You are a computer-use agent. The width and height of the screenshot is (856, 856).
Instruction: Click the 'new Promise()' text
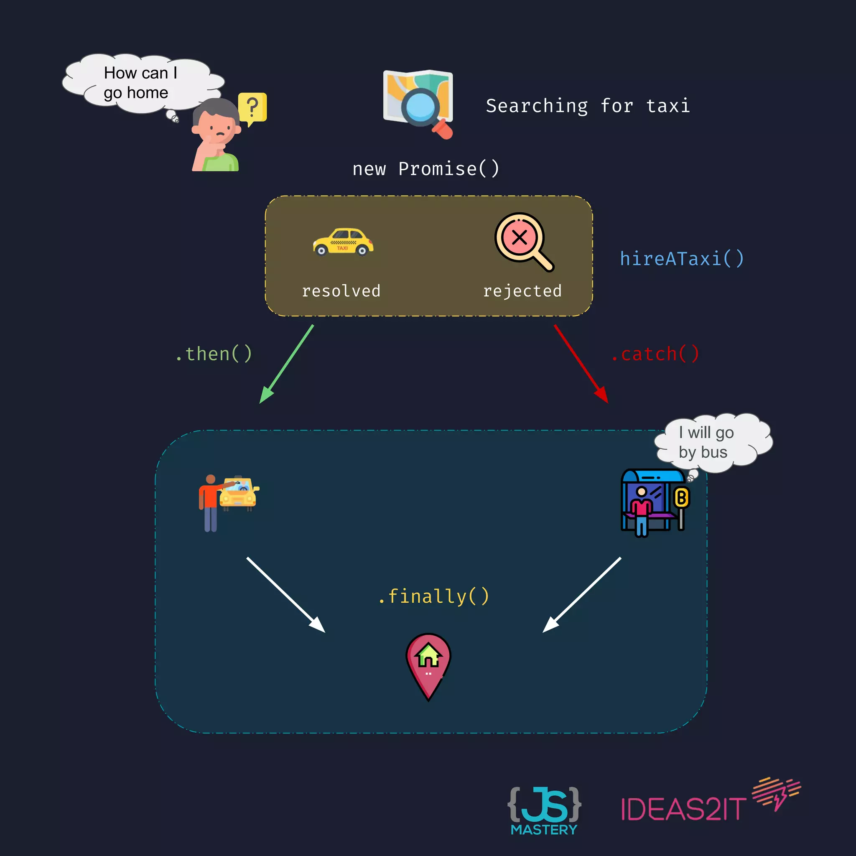426,169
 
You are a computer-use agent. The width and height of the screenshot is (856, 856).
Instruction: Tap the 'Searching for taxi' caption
588,106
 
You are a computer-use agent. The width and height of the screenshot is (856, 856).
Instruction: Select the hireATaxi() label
681,259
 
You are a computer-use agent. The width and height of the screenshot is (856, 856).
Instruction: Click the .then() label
214,354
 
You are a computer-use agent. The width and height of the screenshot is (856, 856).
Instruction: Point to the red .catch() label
655,354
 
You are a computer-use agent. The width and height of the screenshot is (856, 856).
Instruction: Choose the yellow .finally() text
434,596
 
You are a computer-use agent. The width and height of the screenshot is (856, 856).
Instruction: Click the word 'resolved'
341,291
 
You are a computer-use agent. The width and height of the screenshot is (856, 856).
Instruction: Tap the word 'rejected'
522,291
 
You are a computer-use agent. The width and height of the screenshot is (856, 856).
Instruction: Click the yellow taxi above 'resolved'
343,242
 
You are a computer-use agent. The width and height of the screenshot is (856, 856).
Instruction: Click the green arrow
287,364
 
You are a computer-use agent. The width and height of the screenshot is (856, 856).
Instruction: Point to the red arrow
581,364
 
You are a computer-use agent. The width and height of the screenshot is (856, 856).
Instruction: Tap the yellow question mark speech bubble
252,108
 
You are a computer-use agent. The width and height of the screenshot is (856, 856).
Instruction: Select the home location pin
428,665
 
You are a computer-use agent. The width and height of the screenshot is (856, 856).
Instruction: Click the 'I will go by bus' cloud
713,442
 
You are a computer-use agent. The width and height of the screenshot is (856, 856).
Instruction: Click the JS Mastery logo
544,810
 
